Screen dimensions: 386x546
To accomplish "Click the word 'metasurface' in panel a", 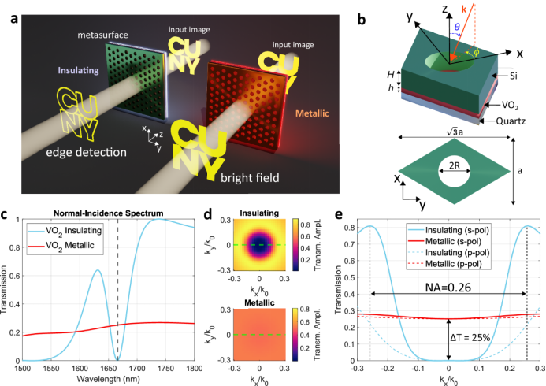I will [x=102, y=36].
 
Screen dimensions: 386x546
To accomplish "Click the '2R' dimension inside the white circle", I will [x=449, y=167].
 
